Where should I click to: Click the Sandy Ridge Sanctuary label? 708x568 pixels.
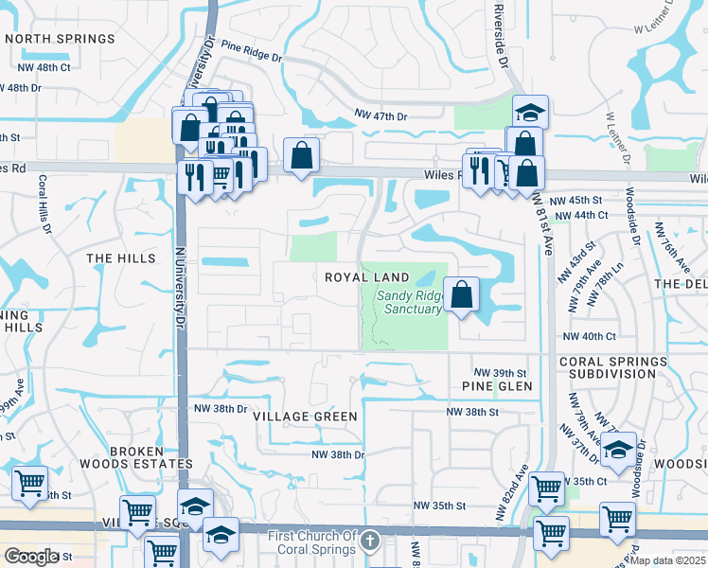(409, 302)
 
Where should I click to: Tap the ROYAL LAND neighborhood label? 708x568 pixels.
(367, 277)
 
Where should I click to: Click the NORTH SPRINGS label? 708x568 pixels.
(60, 39)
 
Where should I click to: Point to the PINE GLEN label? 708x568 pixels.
(497, 386)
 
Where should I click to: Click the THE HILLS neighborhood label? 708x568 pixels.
(121, 258)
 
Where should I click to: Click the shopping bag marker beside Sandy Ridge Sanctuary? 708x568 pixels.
(461, 294)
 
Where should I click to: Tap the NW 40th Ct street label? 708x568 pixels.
(589, 336)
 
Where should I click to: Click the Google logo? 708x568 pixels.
(30, 557)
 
